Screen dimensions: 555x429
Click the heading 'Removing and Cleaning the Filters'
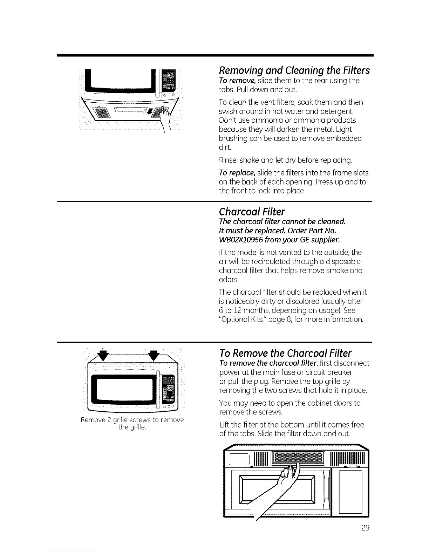click(x=294, y=71)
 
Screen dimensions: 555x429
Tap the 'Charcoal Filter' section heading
click(x=252, y=212)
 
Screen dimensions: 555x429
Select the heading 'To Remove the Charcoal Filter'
click(x=285, y=353)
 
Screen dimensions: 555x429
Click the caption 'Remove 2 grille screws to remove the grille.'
click(x=132, y=423)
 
